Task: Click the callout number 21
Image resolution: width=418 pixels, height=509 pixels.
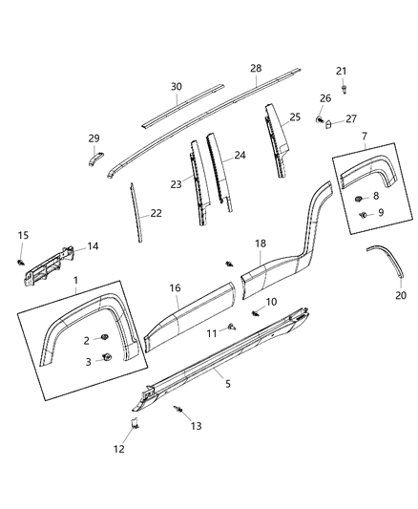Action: [342, 72]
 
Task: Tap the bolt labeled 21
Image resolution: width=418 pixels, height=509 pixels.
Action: [342, 89]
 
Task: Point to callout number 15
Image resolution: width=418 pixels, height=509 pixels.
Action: [24, 235]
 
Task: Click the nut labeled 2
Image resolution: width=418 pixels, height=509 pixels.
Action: [105, 339]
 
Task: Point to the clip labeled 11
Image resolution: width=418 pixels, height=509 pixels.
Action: [232, 327]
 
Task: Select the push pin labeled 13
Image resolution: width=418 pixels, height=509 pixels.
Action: [179, 409]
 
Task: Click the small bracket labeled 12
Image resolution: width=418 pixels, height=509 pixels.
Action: [135, 423]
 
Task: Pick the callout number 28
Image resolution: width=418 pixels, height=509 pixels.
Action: [255, 69]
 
